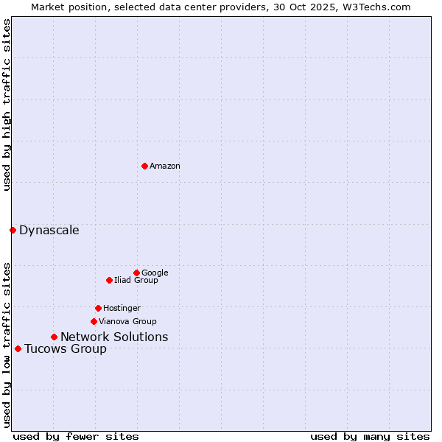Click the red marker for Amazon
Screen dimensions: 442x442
[144, 166]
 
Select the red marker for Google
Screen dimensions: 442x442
[136, 273]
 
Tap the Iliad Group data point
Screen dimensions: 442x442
[109, 280]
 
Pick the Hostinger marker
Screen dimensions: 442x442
[98, 308]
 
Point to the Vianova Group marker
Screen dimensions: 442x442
[94, 321]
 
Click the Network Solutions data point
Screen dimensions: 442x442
[54, 337]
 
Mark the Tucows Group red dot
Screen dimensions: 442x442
[18, 348]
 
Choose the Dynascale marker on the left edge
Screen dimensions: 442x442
[13, 230]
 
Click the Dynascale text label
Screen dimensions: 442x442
[49, 230]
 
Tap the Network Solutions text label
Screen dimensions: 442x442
[114, 337]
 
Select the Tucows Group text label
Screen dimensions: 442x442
[66, 348]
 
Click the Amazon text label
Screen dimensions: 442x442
[165, 166]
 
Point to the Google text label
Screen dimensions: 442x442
[155, 273]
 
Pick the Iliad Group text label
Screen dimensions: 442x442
[136, 280]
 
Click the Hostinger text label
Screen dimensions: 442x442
[122, 308]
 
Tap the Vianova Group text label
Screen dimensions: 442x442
[127, 321]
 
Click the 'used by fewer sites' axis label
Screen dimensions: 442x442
[76, 436]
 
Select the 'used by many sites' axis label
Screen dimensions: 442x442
[370, 436]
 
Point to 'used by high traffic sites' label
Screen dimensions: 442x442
[7, 105]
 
